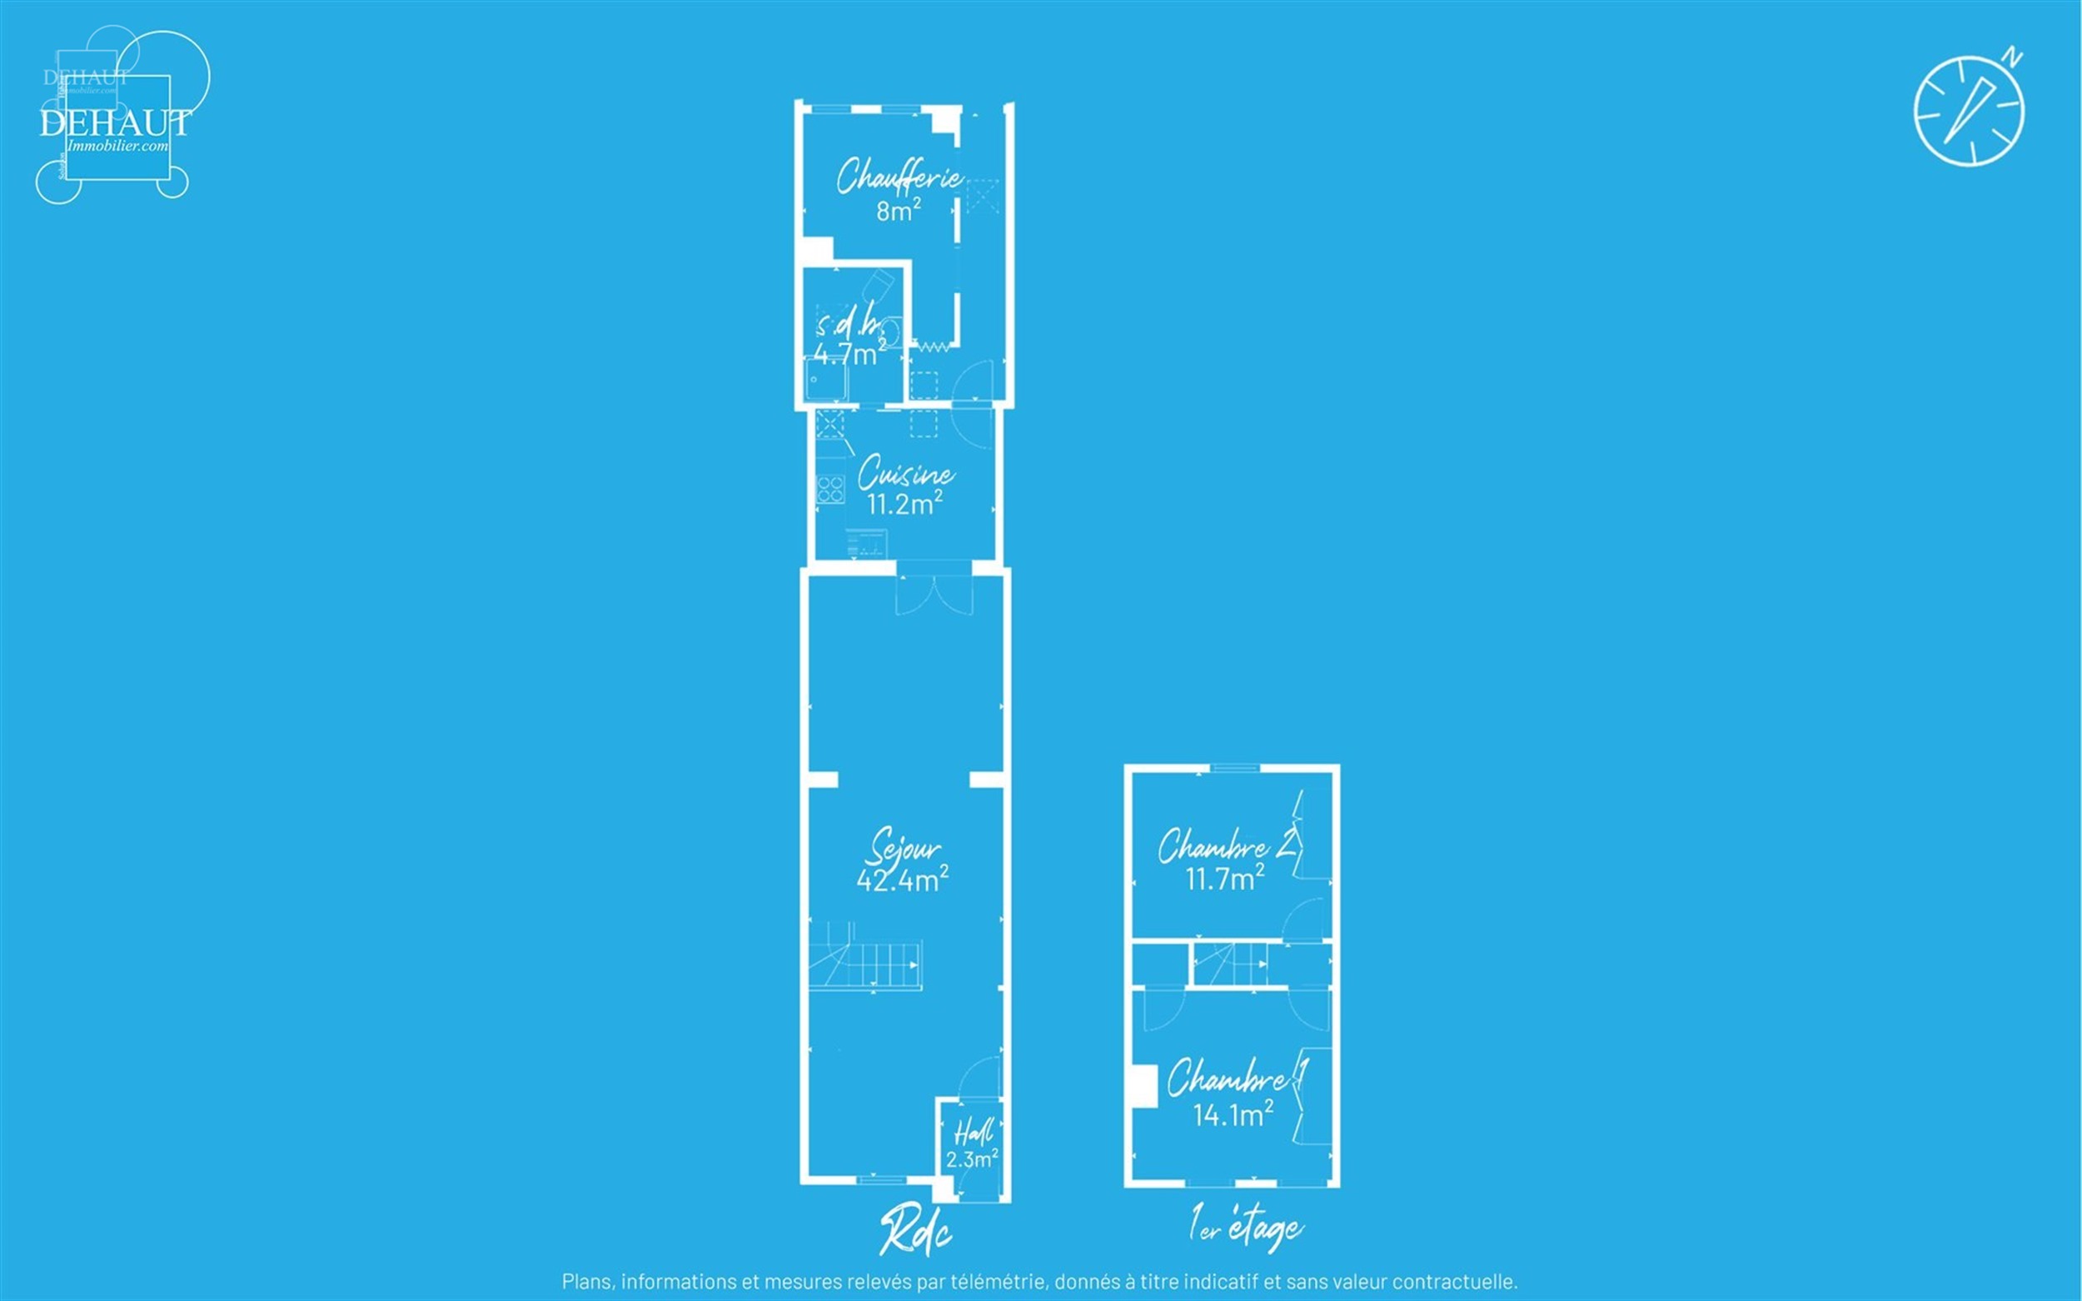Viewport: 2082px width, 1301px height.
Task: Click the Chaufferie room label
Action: point(899,177)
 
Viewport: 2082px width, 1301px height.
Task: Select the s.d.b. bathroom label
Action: point(850,324)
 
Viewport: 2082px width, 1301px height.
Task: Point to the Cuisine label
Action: point(905,473)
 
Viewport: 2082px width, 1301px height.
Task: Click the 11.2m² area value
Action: point(904,503)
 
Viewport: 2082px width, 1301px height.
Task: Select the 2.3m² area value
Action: point(971,1159)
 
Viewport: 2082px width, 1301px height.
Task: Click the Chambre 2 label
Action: point(1225,847)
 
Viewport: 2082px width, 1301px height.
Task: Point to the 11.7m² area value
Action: point(1224,879)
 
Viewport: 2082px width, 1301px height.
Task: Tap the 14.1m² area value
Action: point(1232,1115)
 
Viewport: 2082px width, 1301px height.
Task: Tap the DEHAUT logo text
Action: point(114,123)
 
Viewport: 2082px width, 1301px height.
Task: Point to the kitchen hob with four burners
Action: point(830,490)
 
